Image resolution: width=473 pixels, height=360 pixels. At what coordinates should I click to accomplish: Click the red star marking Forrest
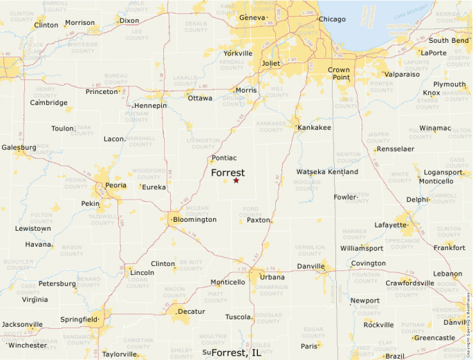(x=236, y=180)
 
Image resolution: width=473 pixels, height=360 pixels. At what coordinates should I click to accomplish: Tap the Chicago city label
(x=332, y=19)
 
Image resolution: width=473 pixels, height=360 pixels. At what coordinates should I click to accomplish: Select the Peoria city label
(x=115, y=185)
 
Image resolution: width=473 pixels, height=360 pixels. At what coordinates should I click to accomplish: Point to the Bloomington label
(x=195, y=220)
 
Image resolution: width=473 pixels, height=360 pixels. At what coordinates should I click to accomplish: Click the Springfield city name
(x=79, y=319)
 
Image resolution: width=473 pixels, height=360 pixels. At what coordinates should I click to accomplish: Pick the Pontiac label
(x=224, y=158)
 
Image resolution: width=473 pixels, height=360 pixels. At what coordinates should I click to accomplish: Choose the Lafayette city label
(x=391, y=225)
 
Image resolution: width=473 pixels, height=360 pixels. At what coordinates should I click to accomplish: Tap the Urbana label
(x=272, y=276)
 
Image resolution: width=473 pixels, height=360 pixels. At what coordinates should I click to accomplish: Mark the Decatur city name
(x=193, y=312)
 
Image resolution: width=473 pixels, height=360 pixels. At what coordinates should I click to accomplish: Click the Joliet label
(x=270, y=63)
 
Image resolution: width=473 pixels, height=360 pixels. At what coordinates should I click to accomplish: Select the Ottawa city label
(x=200, y=98)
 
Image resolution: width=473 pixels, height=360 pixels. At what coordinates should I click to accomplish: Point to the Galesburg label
(x=19, y=147)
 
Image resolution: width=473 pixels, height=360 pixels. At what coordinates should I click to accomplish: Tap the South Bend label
(x=449, y=40)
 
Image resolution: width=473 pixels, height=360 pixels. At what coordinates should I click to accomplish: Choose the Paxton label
(x=259, y=220)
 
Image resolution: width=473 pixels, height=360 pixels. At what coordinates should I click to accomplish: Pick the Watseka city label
(x=310, y=171)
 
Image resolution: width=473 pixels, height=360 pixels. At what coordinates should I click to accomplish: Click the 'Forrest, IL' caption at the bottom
(x=236, y=352)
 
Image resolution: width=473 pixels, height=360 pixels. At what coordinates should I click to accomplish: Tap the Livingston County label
(x=203, y=143)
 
